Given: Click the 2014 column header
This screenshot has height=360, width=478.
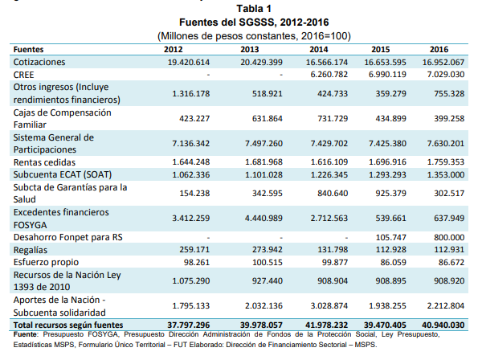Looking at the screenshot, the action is pyautogui.click(x=319, y=49).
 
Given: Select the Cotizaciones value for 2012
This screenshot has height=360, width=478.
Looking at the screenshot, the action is pyautogui.click(x=189, y=62).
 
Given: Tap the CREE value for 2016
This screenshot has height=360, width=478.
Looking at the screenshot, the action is pyautogui.click(x=446, y=75).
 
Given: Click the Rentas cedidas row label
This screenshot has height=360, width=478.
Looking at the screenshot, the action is pyautogui.click(x=44, y=162).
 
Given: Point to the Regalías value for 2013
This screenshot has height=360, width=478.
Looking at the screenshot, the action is pyautogui.click(x=268, y=250).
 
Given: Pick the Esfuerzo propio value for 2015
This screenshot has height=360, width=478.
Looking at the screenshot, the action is pyautogui.click(x=394, y=262).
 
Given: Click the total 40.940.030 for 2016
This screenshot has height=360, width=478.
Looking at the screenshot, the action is pyautogui.click(x=443, y=325).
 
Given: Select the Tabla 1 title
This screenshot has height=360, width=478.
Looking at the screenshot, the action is pyautogui.click(x=254, y=9).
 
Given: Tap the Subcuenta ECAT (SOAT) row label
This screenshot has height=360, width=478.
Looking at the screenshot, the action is pyautogui.click(x=63, y=174).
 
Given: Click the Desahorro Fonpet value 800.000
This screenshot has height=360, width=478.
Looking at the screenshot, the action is pyautogui.click(x=449, y=237).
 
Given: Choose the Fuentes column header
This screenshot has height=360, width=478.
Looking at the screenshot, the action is pyautogui.click(x=28, y=49).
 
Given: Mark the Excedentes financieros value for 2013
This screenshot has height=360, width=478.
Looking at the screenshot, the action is pyautogui.click(x=264, y=219).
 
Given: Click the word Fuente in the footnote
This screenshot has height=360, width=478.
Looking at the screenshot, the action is pyautogui.click(x=25, y=334).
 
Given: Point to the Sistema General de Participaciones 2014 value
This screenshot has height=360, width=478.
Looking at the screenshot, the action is pyautogui.click(x=329, y=143).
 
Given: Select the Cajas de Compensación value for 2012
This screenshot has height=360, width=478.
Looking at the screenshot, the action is pyautogui.click(x=194, y=118).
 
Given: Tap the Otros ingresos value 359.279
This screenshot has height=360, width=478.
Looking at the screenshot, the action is pyautogui.click(x=390, y=93).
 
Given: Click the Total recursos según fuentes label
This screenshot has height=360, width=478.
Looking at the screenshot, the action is pyautogui.click(x=68, y=325).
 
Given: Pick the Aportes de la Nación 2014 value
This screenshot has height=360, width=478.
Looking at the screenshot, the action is pyautogui.click(x=329, y=305).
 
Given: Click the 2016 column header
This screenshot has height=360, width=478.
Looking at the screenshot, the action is pyautogui.click(x=439, y=49).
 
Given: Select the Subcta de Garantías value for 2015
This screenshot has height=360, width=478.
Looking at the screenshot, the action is pyautogui.click(x=390, y=194).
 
